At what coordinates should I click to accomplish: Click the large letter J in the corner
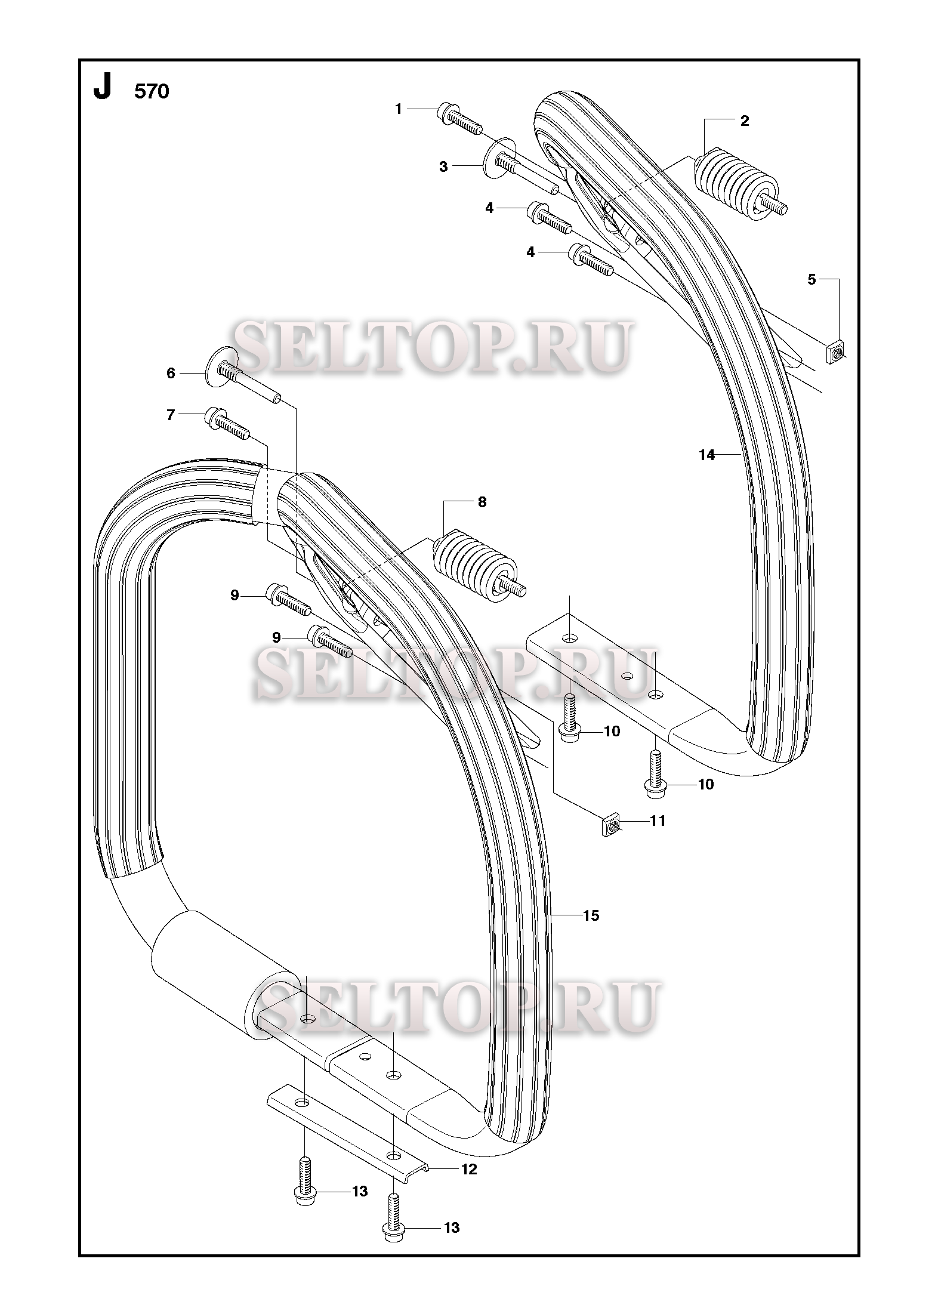(103, 90)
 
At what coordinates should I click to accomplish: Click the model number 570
(152, 92)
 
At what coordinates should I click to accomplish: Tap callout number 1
(399, 109)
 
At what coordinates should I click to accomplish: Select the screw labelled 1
(460, 119)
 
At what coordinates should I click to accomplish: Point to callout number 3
(443, 167)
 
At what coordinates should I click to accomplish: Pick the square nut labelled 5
(836, 353)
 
